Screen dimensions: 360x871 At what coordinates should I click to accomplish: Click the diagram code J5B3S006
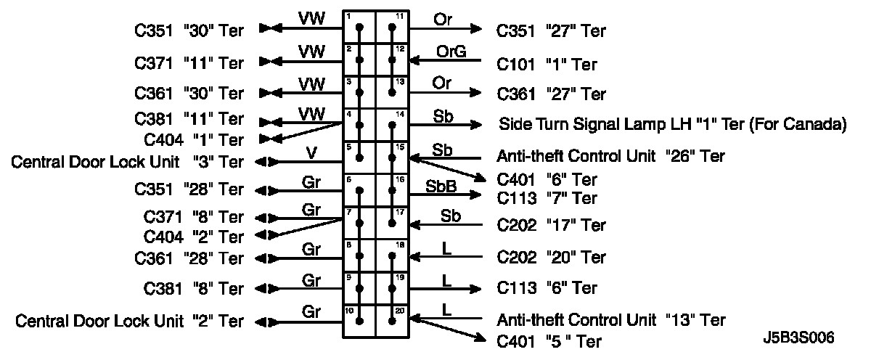(798, 337)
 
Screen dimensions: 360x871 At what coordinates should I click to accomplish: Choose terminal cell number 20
(393, 321)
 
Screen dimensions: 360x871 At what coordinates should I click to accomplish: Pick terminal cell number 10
(359, 321)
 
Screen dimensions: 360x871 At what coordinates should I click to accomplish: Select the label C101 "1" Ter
(547, 65)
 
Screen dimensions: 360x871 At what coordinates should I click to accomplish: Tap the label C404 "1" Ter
(195, 139)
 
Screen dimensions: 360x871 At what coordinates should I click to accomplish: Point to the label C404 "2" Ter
(195, 237)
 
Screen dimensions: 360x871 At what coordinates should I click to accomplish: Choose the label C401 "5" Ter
(549, 340)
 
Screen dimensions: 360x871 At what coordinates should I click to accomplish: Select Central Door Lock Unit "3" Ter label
(128, 161)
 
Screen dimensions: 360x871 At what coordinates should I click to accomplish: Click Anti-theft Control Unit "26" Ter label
(610, 156)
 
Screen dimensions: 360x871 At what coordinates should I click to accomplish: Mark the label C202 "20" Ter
(551, 257)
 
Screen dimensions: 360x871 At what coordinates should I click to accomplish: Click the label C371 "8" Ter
(195, 216)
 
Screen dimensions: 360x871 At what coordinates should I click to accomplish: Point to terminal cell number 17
(393, 223)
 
